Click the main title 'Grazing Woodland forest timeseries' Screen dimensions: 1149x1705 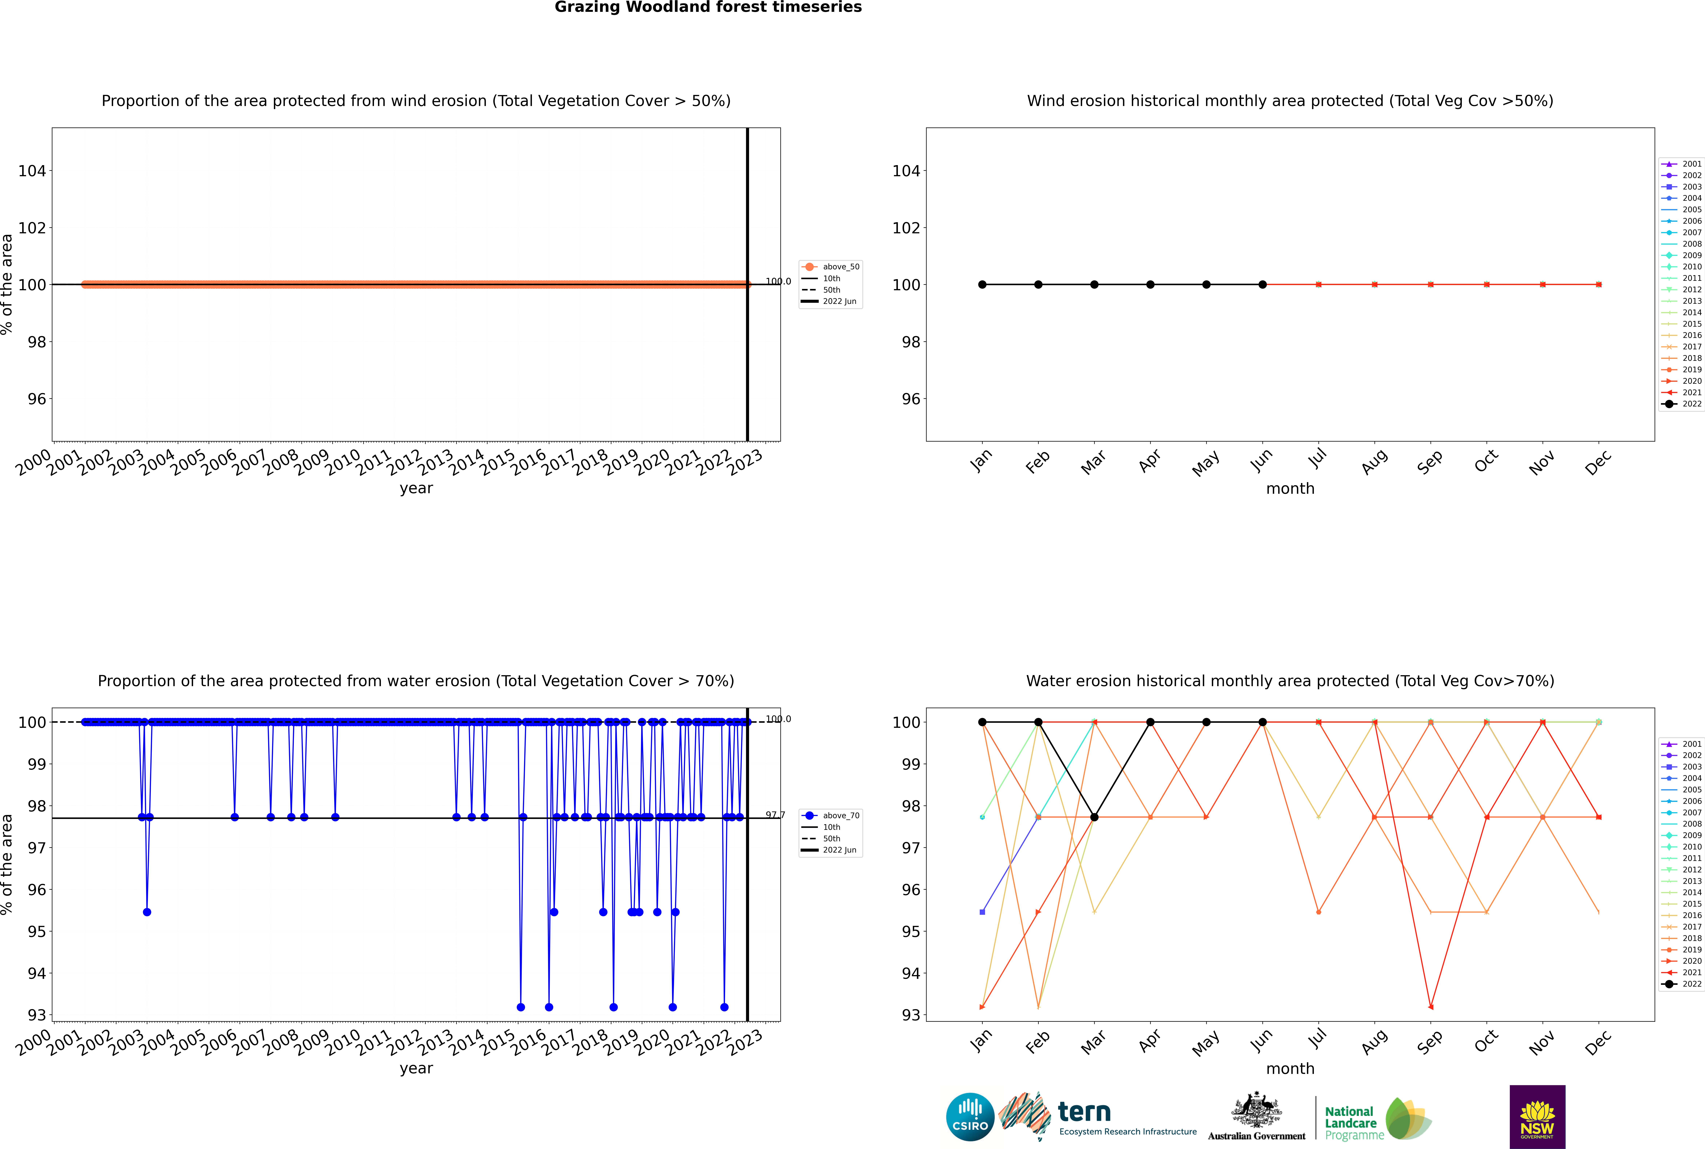(708, 7)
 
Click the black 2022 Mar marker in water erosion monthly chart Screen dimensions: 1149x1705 (1094, 817)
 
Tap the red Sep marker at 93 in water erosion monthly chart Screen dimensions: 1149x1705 (1431, 1007)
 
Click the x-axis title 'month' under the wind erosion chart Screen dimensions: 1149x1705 (1290, 489)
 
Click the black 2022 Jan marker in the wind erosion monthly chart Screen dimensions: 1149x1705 (982, 284)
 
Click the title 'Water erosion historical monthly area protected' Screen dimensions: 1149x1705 (1290, 681)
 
